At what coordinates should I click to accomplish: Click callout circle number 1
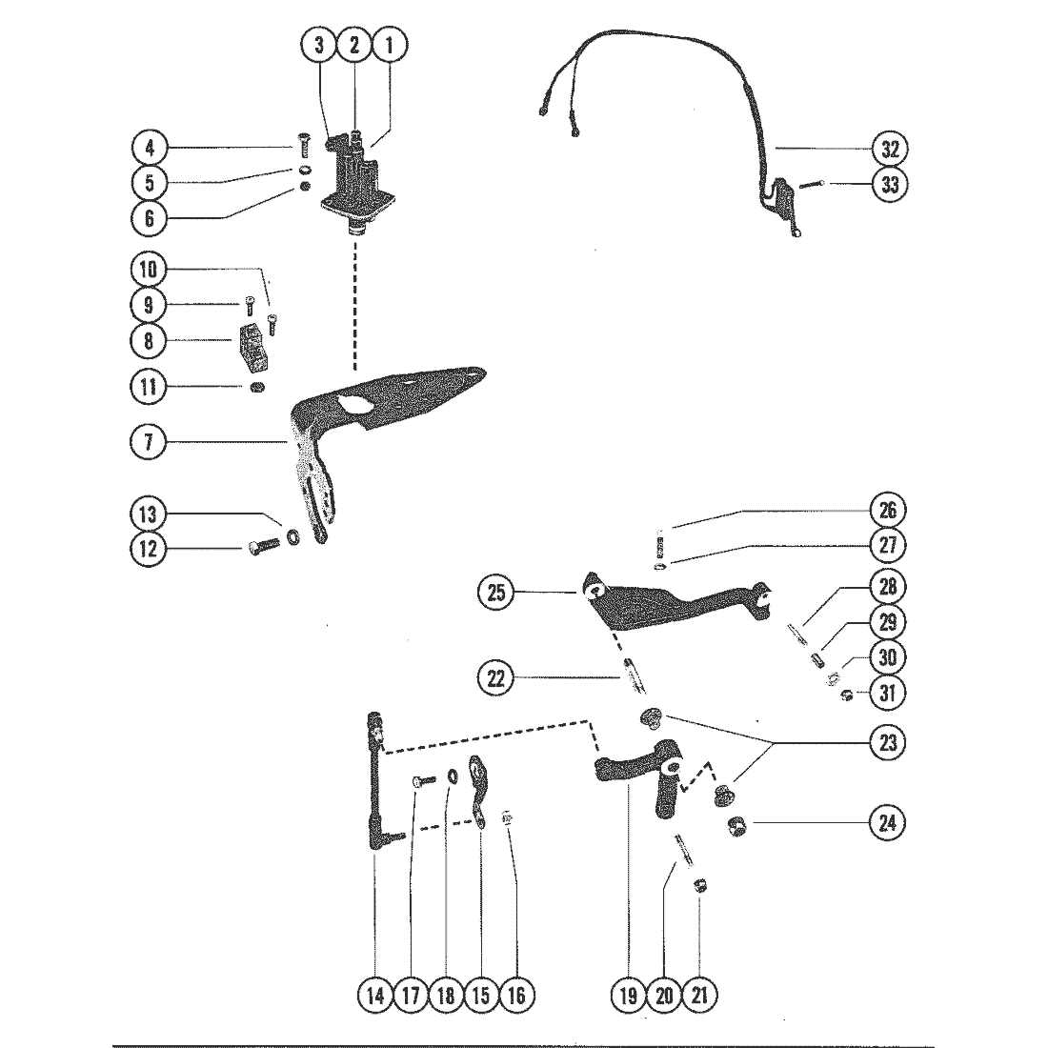coord(389,44)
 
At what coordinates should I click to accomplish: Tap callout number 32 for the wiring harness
coord(889,150)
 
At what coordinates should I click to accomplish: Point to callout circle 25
coord(496,593)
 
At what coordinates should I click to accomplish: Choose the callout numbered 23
coord(889,742)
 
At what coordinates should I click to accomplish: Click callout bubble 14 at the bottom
coord(374,996)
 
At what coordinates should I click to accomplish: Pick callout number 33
coord(889,185)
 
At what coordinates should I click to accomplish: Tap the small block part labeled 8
coord(251,348)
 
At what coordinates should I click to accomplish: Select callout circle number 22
coord(496,679)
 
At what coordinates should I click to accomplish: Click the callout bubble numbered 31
coord(889,693)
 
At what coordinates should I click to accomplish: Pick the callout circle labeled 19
coord(629,996)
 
